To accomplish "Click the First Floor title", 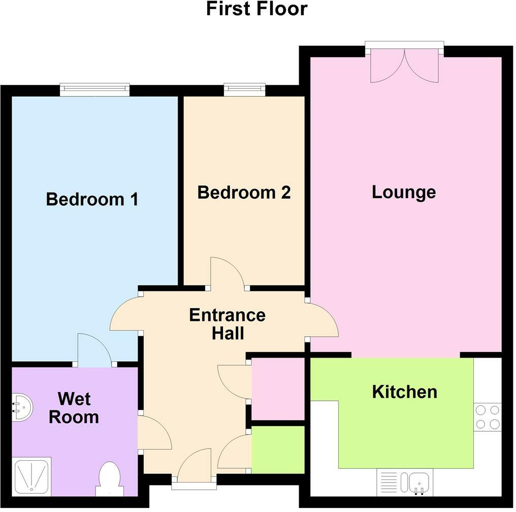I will (x=256, y=9).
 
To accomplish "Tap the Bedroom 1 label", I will (x=92, y=199).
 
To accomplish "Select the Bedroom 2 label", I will (x=244, y=193).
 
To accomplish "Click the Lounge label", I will (x=404, y=192).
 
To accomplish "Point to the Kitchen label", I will (x=404, y=392).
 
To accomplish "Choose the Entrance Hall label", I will (x=227, y=324).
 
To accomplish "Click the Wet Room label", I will (x=74, y=408).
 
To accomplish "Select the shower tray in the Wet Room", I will (x=31, y=476).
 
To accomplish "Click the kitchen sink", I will (x=415, y=482).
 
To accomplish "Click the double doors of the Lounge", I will (x=404, y=66).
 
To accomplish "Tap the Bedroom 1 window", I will (x=94, y=90).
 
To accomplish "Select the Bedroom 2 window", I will (x=245, y=90).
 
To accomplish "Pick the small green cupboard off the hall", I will (x=278, y=450).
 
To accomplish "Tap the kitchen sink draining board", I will (x=390, y=482).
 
